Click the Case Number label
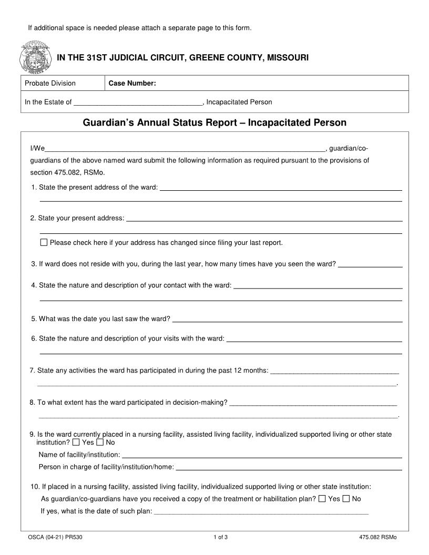(x=132, y=83)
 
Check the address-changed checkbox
(x=44, y=243)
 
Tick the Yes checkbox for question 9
(x=76, y=443)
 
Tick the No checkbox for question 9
(x=100, y=443)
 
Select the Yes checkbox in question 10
(x=322, y=499)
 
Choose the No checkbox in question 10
(x=346, y=499)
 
